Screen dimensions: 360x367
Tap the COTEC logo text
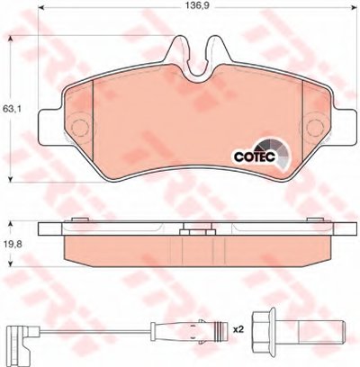tap(255, 157)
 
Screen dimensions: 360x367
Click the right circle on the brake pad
tap(316, 127)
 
